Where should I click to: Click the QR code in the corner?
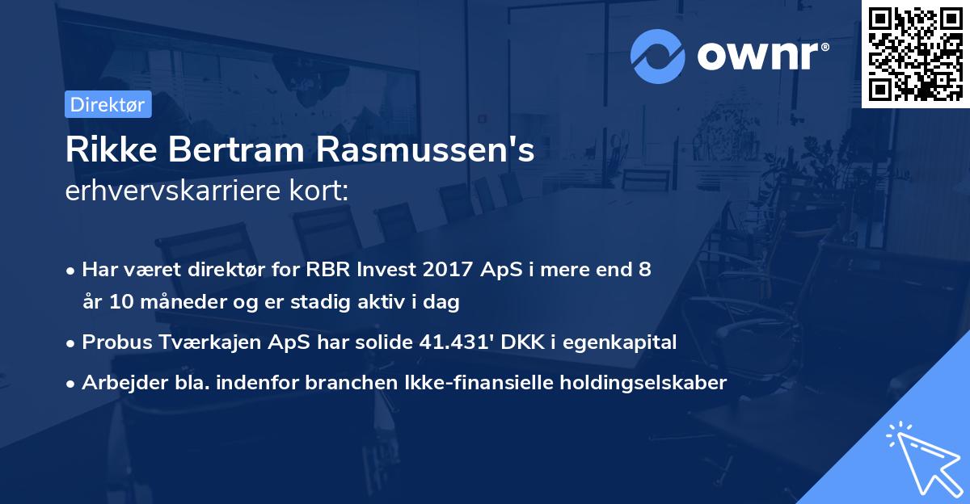[916, 54]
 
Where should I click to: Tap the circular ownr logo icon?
[659, 57]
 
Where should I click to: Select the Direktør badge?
[108, 104]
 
